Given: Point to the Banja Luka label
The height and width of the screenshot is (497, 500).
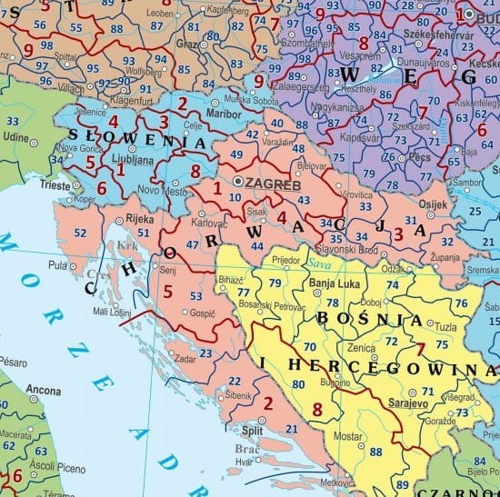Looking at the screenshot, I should [336, 282].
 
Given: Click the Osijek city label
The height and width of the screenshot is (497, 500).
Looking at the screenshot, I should [432, 204].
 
